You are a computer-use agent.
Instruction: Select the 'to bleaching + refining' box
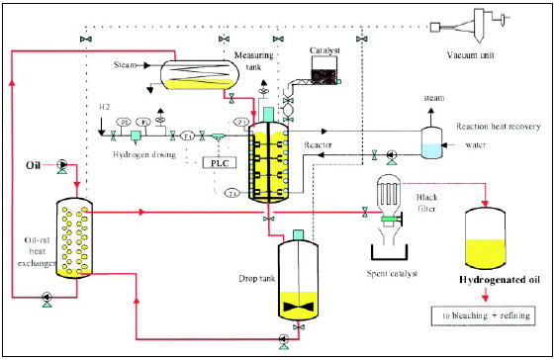(474, 315)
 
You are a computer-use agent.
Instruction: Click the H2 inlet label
(103, 106)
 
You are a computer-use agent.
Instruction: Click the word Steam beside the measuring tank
(123, 65)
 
